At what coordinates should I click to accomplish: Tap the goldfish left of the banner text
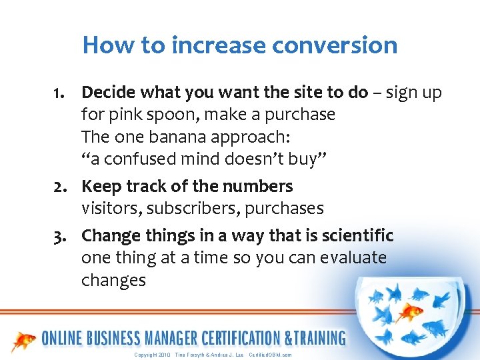pyautogui.click(x=24, y=339)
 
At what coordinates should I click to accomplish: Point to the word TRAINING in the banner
pyautogui.click(x=315, y=338)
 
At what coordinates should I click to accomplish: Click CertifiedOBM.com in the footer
pyautogui.click(x=270, y=355)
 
